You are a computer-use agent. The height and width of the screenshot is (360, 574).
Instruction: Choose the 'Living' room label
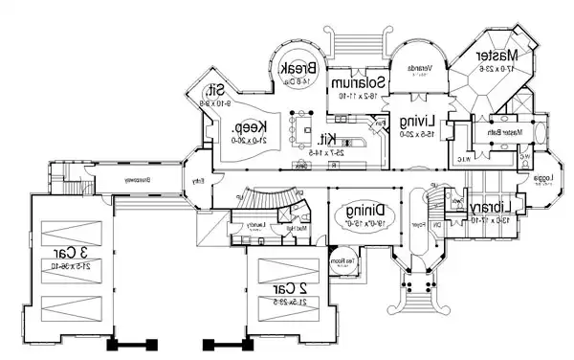[x=419, y=121]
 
